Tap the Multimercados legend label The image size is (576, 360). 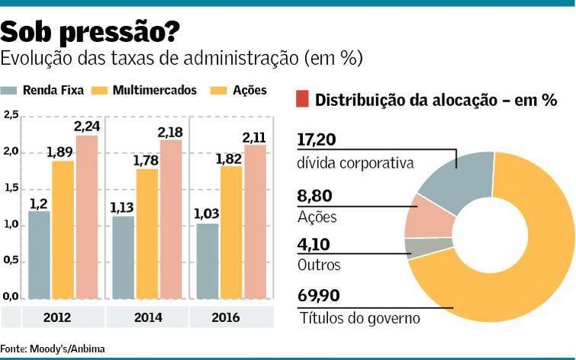(154, 90)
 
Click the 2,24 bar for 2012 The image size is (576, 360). (87, 217)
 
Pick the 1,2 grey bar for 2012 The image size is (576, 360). (39, 255)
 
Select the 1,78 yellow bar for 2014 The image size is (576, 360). (147, 233)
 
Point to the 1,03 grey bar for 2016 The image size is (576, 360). (208, 261)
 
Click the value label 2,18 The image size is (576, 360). (170, 133)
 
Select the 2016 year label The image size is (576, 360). (231, 316)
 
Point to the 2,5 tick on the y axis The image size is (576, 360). (11, 115)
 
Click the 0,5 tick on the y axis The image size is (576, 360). (11, 260)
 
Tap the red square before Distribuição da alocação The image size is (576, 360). (302, 99)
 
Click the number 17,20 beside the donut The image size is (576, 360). (316, 140)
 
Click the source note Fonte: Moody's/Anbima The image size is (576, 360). (53, 349)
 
